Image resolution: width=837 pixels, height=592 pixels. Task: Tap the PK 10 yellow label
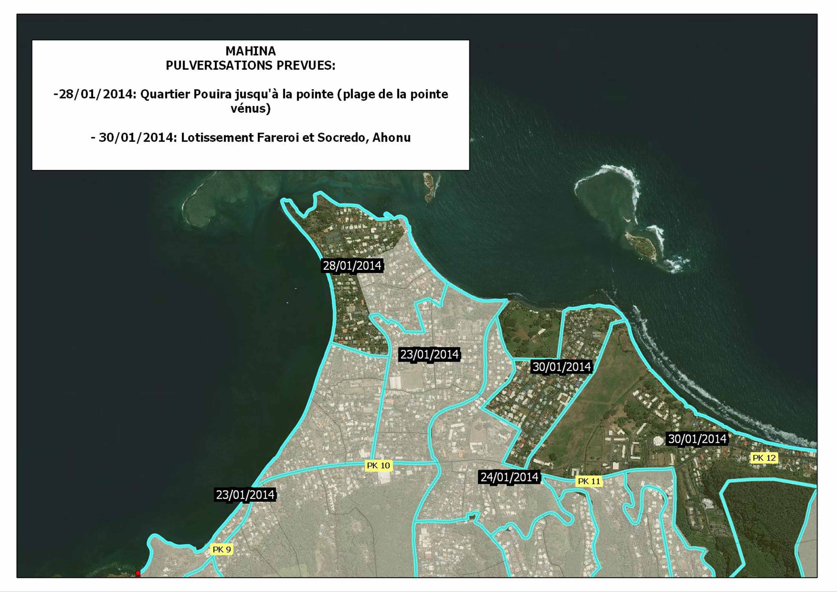(378, 466)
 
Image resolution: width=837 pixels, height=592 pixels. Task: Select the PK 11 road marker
(589, 481)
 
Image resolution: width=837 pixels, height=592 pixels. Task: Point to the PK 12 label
(764, 458)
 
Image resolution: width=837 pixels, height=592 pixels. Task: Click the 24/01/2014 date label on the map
(509, 477)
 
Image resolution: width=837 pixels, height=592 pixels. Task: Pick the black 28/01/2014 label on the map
(352, 266)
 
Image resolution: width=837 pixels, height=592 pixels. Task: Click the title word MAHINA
(251, 51)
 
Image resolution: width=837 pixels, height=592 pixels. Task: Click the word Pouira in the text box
(212, 94)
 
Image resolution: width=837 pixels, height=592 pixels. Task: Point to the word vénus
(251, 109)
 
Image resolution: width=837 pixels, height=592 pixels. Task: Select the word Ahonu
(392, 138)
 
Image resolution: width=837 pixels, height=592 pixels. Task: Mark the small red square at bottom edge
(138, 573)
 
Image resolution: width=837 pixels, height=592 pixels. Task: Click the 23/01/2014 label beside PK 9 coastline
(245, 495)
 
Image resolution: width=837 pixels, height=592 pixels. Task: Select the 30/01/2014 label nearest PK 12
(697, 439)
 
